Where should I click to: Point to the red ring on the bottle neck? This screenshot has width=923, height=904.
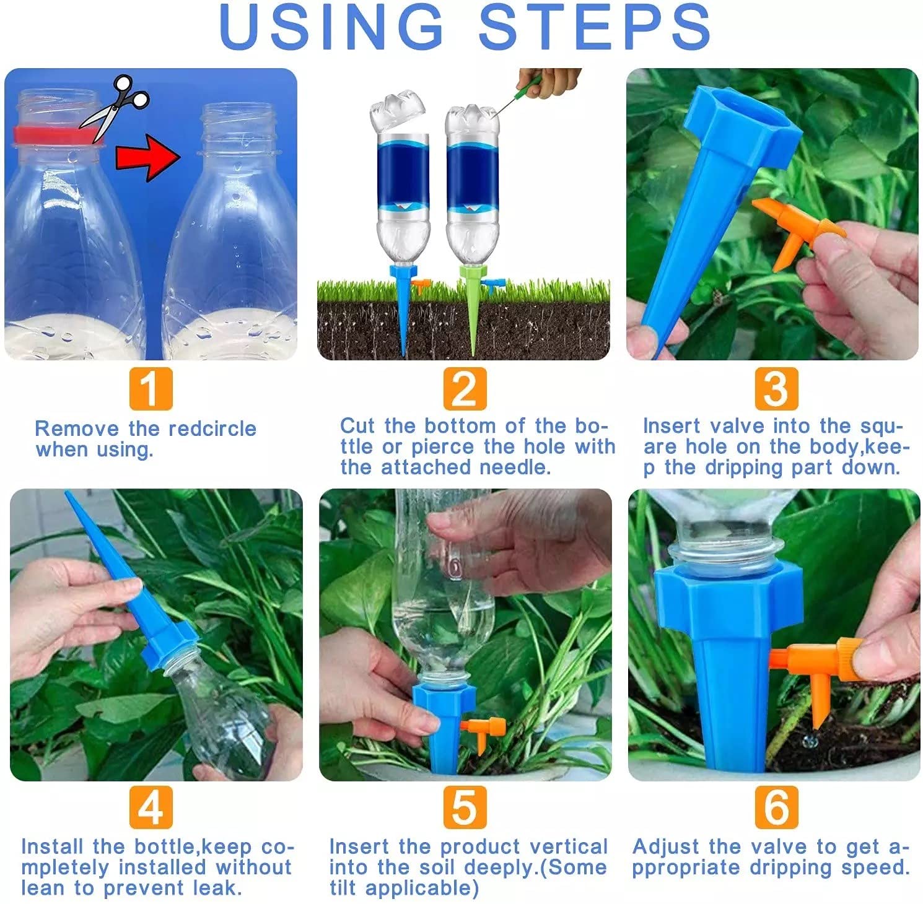(53, 135)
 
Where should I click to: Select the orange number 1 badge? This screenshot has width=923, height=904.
(151, 389)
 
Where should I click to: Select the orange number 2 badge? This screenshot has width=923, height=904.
(465, 389)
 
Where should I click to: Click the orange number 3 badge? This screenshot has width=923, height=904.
(776, 389)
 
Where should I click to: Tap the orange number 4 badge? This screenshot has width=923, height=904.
(151, 807)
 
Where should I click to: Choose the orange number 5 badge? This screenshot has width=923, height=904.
(465, 807)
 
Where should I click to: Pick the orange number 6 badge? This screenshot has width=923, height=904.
(776, 807)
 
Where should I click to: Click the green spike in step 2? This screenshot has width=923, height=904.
(473, 310)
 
